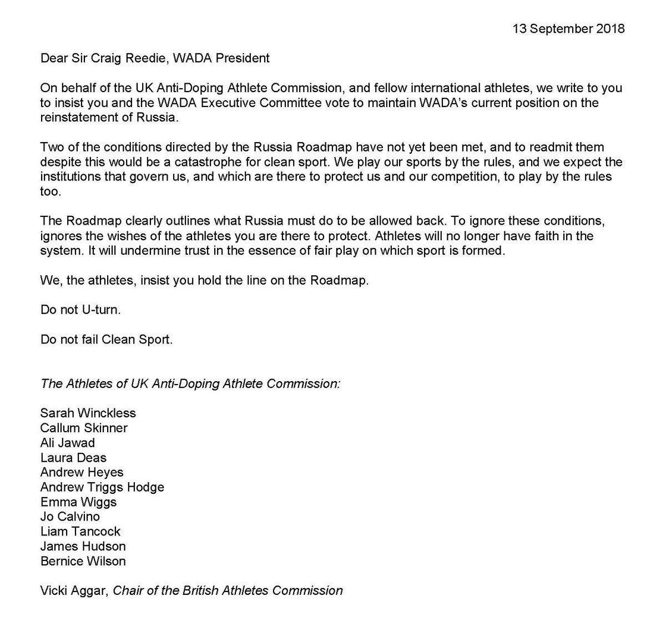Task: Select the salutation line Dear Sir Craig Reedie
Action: (155, 58)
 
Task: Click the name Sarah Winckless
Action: (88, 413)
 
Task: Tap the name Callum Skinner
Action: (84, 428)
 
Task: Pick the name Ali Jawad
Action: (68, 443)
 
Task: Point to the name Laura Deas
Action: (73, 458)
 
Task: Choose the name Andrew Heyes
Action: (82, 472)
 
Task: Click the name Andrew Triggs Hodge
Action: (102, 487)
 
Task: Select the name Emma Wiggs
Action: (78, 502)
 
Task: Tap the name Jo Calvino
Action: (70, 517)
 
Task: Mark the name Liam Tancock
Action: (80, 532)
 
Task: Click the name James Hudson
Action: (83, 547)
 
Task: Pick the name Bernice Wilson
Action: (83, 561)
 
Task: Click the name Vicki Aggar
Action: (74, 590)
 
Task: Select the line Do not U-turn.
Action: (80, 310)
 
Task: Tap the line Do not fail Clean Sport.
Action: (107, 339)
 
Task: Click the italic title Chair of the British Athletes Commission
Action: (228, 590)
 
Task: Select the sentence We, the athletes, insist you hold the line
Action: (204, 280)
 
